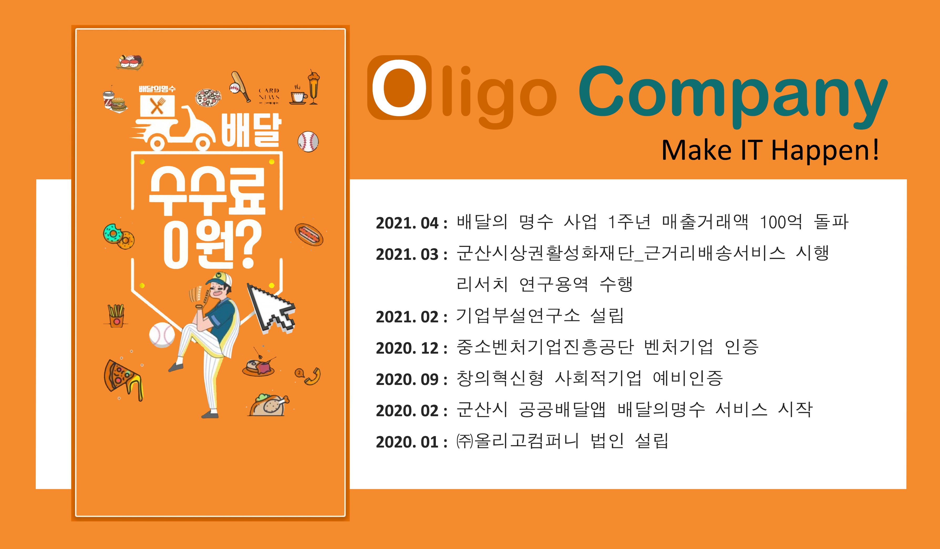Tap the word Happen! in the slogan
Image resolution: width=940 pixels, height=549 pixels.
tap(824, 150)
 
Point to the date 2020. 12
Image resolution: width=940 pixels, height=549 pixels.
tap(407, 348)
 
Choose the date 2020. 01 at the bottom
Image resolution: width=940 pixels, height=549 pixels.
tap(407, 442)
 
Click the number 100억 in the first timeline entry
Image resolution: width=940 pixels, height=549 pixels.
tap(781, 222)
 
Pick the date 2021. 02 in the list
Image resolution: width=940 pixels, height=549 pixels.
tap(407, 317)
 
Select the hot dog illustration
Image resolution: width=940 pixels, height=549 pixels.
tap(309, 234)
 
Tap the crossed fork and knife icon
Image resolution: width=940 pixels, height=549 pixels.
tap(157, 106)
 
